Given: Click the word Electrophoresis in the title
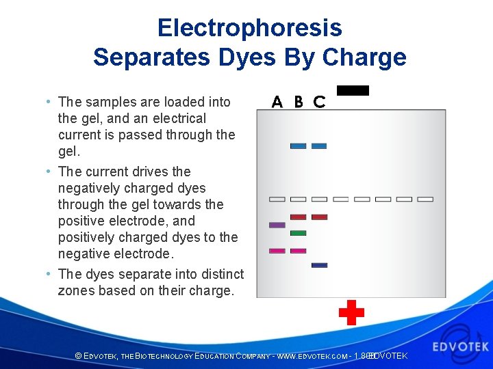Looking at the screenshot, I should pyautogui.click(x=249, y=28).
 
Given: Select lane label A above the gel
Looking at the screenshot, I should pyautogui.click(x=277, y=102).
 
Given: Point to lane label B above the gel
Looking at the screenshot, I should pyautogui.click(x=299, y=102).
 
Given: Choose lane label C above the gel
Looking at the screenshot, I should pyautogui.click(x=319, y=102).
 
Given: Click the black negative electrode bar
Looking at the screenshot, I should pyautogui.click(x=353, y=90).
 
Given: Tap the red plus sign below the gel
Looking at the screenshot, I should pyautogui.click(x=351, y=312).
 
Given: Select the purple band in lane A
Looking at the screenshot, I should pyautogui.click(x=277, y=225).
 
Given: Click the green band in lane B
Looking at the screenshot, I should pyautogui.click(x=298, y=233).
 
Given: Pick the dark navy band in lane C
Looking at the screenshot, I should pyautogui.click(x=319, y=265).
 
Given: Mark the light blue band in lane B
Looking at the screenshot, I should pyautogui.click(x=298, y=146).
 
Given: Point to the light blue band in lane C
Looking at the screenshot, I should pyautogui.click(x=319, y=146).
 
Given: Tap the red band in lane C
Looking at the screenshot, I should pyautogui.click(x=319, y=217).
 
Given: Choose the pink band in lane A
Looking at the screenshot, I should pyautogui.click(x=277, y=251).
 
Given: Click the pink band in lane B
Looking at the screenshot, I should pyautogui.click(x=298, y=251).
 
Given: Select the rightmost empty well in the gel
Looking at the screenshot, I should pyautogui.click(x=425, y=200).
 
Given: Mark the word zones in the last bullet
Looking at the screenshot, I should pyautogui.click(x=76, y=290).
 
